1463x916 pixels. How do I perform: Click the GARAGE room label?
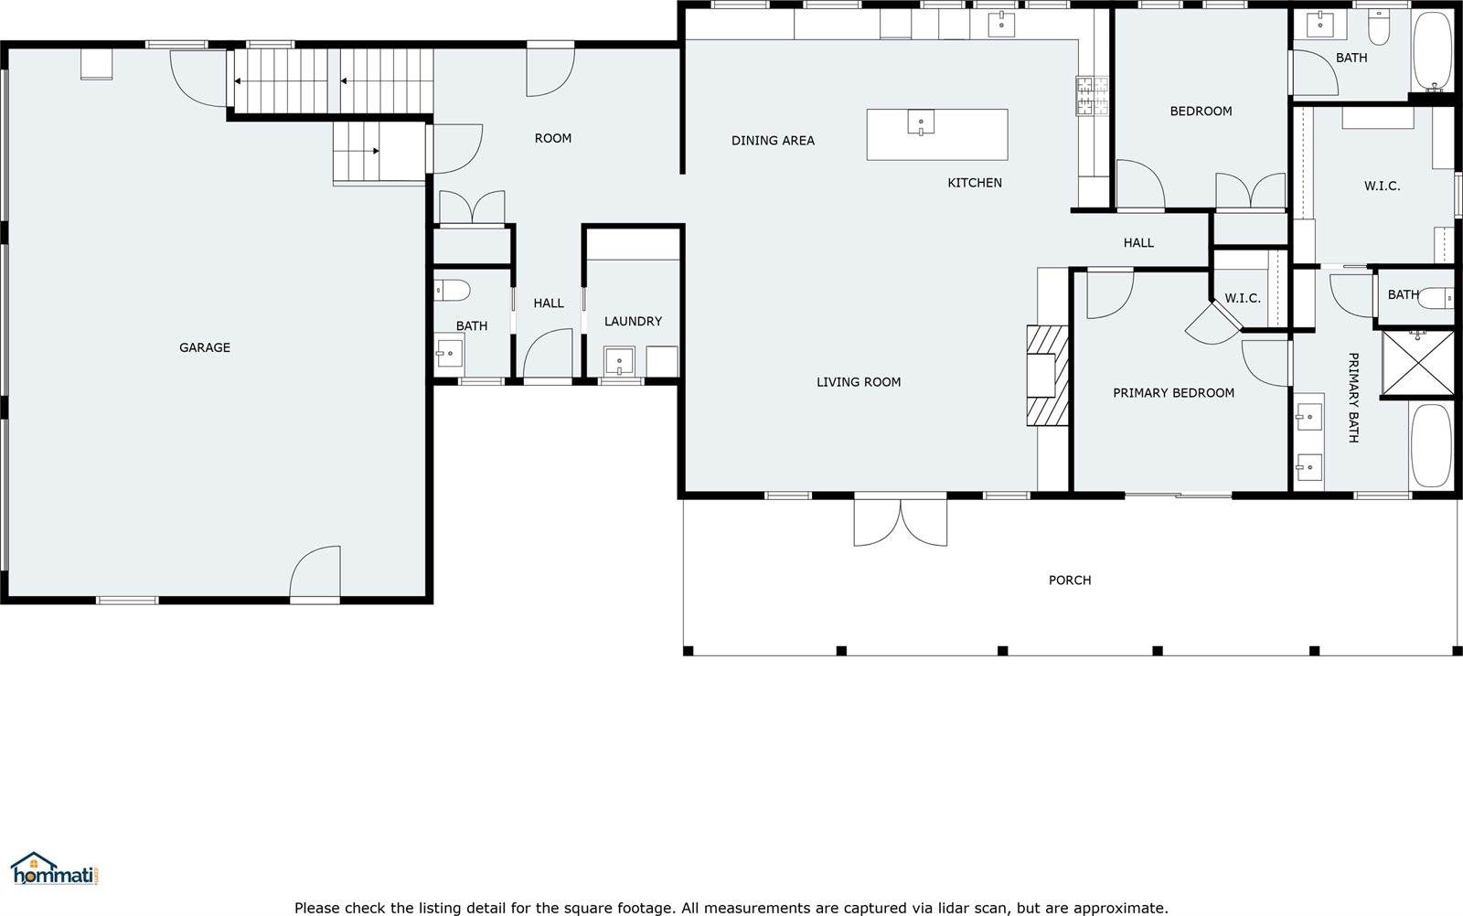[x=204, y=347]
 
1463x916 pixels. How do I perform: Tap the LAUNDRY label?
[x=633, y=321]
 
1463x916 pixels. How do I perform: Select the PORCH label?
[x=1069, y=580]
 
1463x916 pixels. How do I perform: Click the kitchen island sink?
[x=921, y=122]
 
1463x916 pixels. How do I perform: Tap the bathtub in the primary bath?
[x=1430, y=446]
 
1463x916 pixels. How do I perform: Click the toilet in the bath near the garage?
[x=452, y=291]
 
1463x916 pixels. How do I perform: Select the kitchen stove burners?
[x=1091, y=96]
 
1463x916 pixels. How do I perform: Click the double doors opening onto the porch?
[x=901, y=522]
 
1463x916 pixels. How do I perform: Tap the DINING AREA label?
[x=773, y=141]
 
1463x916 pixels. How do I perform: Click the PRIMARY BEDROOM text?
[x=1173, y=393]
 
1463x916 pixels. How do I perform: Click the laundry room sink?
[x=619, y=360]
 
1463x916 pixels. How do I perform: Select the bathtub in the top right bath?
[x=1431, y=51]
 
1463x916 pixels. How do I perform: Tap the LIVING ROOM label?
[x=858, y=382]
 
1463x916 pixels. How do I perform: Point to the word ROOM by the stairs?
[x=552, y=138]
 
